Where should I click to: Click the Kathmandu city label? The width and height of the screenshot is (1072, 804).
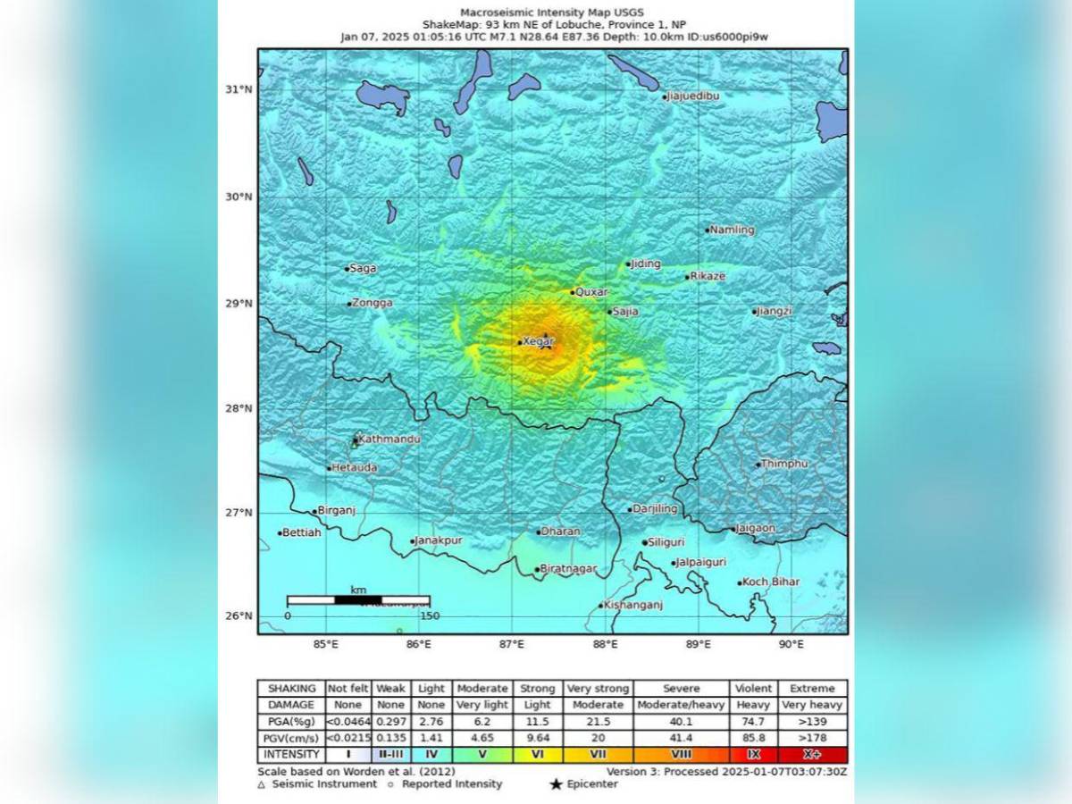pyautogui.click(x=389, y=440)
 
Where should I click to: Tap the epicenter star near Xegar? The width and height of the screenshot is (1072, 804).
pyautogui.click(x=546, y=344)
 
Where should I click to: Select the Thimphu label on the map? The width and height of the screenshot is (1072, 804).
pyautogui.click(x=785, y=464)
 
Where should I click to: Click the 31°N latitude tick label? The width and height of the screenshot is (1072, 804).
pyautogui.click(x=239, y=89)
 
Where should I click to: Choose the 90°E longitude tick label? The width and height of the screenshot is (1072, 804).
pyautogui.click(x=791, y=644)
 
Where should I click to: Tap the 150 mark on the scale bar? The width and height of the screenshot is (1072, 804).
pyautogui.click(x=430, y=616)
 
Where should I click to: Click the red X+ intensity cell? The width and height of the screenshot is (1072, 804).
pyautogui.click(x=812, y=755)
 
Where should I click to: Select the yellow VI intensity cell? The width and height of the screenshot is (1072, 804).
pyautogui.click(x=538, y=755)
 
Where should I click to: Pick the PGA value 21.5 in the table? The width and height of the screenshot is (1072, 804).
pyautogui.click(x=599, y=722)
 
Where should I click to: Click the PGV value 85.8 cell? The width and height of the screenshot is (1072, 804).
pyautogui.click(x=754, y=739)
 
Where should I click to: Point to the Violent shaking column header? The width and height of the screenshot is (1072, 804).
pyautogui.click(x=754, y=689)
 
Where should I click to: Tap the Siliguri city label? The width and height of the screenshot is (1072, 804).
pyautogui.click(x=666, y=542)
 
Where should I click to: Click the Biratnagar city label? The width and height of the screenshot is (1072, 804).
pyautogui.click(x=568, y=569)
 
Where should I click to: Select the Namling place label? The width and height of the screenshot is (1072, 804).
pyautogui.click(x=732, y=230)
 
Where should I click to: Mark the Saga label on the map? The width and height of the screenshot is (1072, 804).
pyautogui.click(x=363, y=268)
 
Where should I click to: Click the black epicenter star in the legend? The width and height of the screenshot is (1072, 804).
pyautogui.click(x=556, y=784)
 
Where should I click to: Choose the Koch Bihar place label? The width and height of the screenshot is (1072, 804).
pyautogui.click(x=771, y=582)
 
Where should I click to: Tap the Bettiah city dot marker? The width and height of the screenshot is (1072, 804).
pyautogui.click(x=281, y=533)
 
